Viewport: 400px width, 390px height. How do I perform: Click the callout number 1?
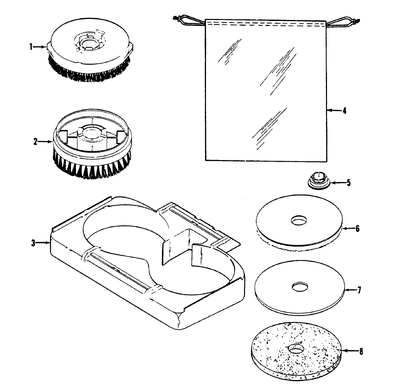pyautogui.click(x=31, y=47)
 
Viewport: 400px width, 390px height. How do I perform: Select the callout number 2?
pyautogui.click(x=35, y=141)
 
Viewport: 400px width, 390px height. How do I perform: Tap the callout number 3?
pyautogui.click(x=33, y=243)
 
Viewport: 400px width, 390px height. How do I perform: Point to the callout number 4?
pyautogui.click(x=344, y=110)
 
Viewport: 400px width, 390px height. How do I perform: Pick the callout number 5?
pyautogui.click(x=348, y=183)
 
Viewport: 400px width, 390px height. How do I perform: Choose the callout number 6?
pyautogui.click(x=357, y=229)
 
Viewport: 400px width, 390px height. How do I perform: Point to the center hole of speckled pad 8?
pyautogui.click(x=296, y=349)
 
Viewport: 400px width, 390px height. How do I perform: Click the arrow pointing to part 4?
pyautogui.click(x=333, y=110)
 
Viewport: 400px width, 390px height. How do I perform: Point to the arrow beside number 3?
pyautogui.click(x=43, y=243)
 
